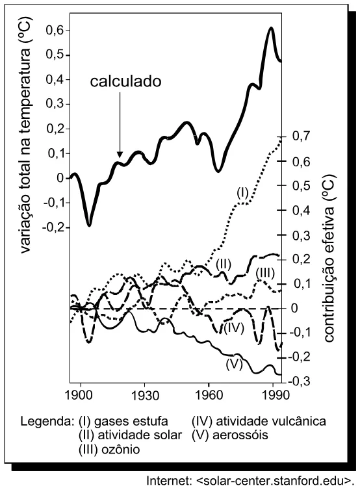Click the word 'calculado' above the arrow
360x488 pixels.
(x=125, y=81)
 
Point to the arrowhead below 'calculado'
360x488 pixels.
(x=120, y=155)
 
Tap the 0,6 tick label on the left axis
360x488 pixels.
(x=55, y=31)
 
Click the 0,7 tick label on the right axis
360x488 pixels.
(x=302, y=136)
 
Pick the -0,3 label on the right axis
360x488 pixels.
(x=300, y=381)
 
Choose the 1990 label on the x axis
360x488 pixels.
(x=274, y=395)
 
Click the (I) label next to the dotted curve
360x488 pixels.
(x=242, y=193)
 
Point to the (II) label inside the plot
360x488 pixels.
(x=224, y=264)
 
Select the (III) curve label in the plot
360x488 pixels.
(x=265, y=274)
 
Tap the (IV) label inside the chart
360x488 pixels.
(x=233, y=327)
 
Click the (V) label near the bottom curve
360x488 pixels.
(x=235, y=364)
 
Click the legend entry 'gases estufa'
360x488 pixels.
(x=131, y=422)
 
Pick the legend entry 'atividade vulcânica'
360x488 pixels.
(x=271, y=422)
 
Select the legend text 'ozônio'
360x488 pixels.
(x=121, y=449)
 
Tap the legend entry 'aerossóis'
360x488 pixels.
(x=240, y=435)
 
